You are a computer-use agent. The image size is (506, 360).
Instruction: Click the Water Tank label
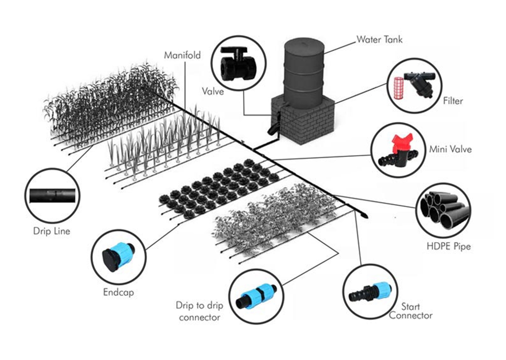click(x=379, y=39)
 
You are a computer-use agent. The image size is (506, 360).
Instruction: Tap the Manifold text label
click(x=182, y=55)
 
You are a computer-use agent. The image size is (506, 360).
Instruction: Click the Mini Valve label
click(x=450, y=149)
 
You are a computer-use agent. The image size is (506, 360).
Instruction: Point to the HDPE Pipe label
click(x=448, y=247)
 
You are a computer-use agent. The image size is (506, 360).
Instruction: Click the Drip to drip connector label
click(x=198, y=311)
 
